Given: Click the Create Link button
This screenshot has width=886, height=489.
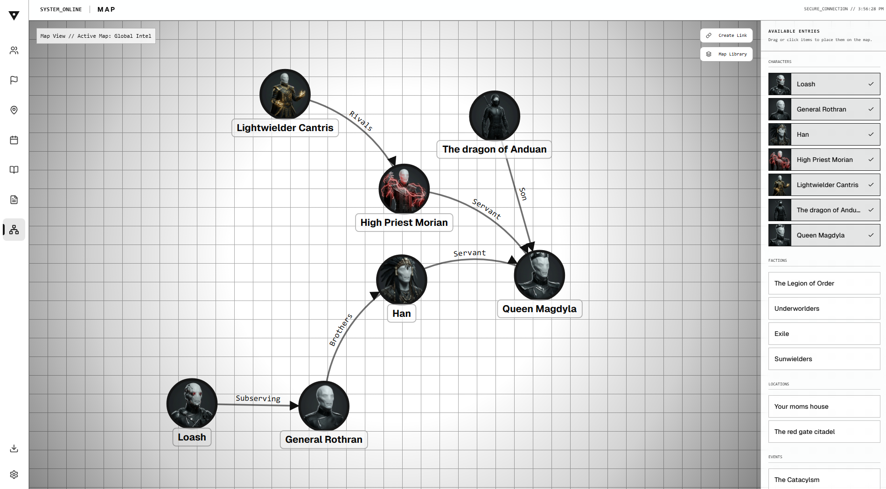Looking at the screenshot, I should click(726, 35).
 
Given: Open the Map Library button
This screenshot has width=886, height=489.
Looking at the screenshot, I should click(726, 54).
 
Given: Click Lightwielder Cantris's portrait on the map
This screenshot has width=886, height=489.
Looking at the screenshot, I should click(285, 94).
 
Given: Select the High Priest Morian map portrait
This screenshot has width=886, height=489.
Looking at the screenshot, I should click(404, 189).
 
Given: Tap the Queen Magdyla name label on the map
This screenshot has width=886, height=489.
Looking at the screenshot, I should click(539, 309).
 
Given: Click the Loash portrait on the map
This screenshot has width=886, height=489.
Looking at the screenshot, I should click(192, 403).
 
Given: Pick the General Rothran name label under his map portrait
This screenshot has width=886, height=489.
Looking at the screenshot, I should click(324, 440).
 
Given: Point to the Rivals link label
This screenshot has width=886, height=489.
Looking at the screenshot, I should click(361, 121).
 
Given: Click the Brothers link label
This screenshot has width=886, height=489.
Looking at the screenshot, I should click(341, 330).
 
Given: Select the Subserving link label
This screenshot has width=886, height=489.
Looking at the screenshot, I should click(258, 398).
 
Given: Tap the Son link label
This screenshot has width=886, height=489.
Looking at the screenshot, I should click(523, 194).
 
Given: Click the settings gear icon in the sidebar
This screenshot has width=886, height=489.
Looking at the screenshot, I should click(14, 475).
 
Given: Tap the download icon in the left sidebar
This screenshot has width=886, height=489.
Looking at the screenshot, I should click(14, 448).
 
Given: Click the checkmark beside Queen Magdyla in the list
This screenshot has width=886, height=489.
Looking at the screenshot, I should click(871, 235).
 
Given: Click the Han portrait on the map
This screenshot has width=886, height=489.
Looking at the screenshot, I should click(401, 279).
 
